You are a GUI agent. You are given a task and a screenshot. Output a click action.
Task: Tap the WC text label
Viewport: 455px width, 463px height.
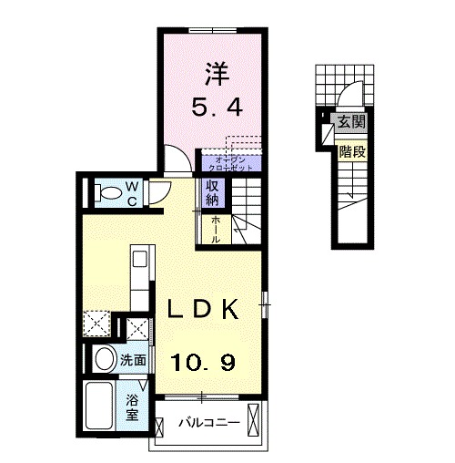tap(132, 192)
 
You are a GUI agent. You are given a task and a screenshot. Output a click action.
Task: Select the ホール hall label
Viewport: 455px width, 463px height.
tap(215, 229)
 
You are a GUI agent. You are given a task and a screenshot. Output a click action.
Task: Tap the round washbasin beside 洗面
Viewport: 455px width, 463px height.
tap(103, 358)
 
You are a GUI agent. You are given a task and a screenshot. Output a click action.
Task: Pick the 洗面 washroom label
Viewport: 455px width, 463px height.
tap(133, 360)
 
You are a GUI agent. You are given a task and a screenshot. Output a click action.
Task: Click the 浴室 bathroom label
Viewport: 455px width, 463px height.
tap(132, 406)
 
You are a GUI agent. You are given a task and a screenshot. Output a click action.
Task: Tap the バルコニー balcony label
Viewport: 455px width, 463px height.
tap(208, 422)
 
